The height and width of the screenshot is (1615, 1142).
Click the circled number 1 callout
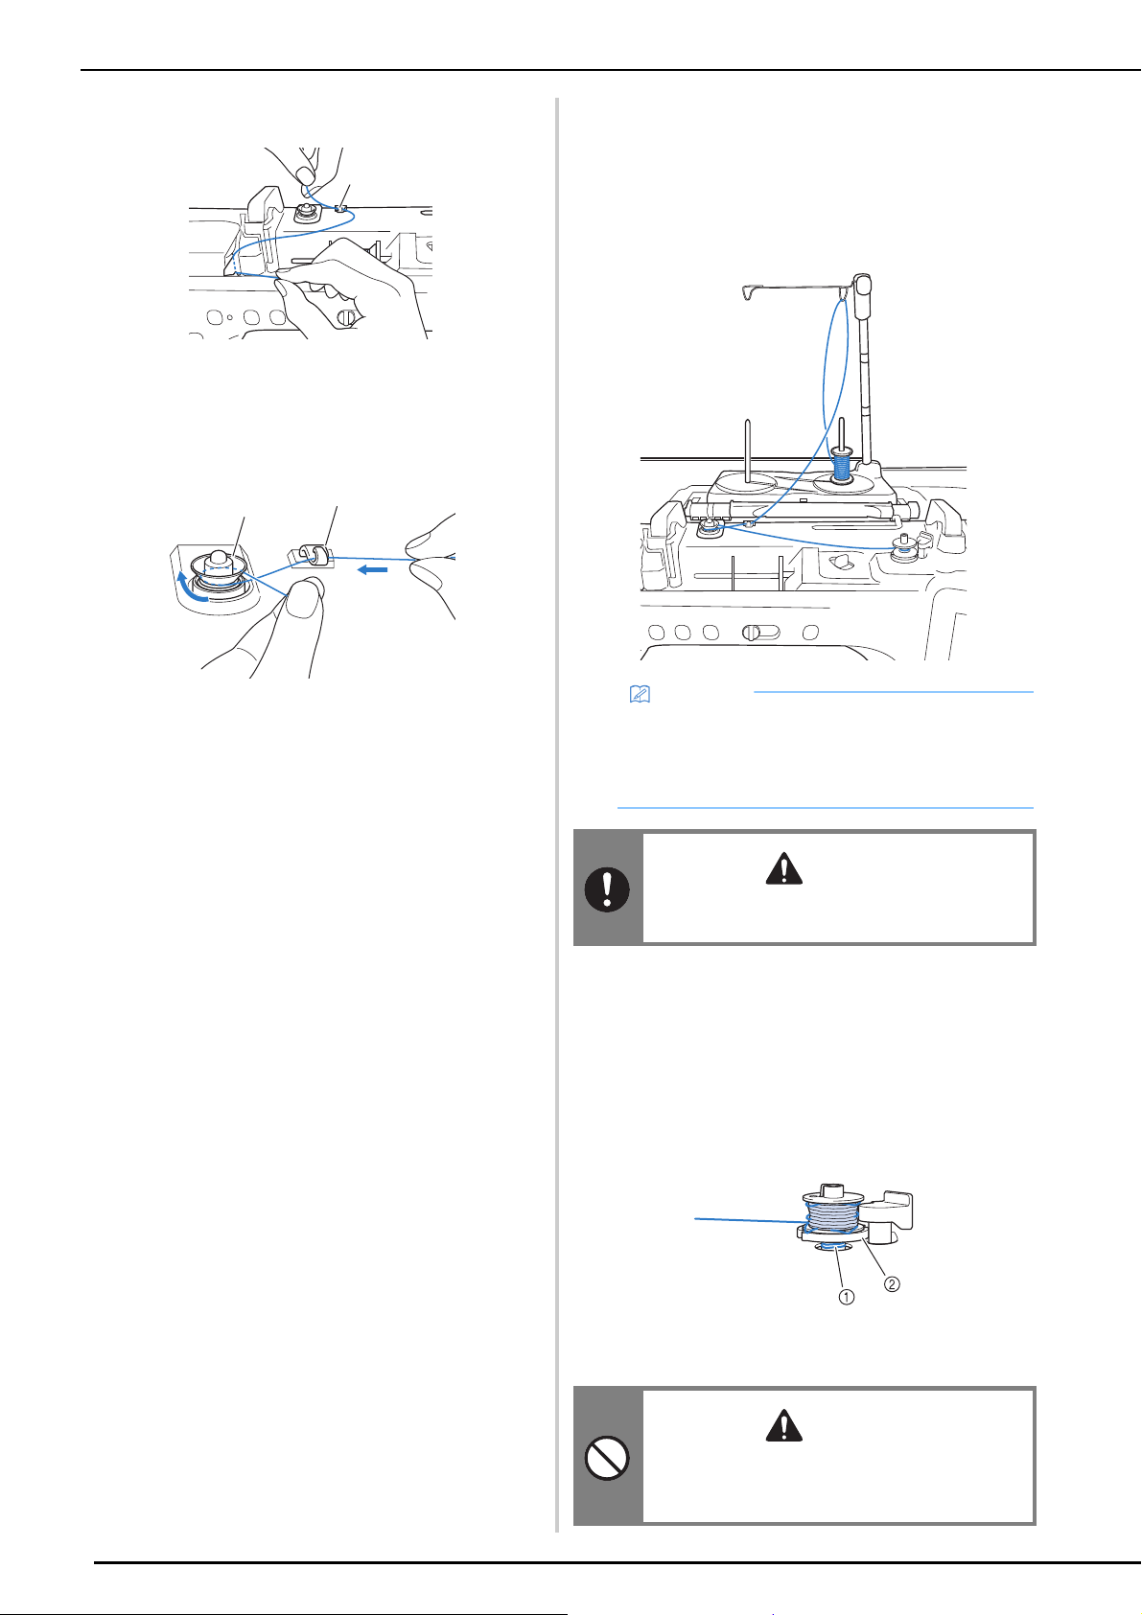pyautogui.click(x=846, y=1297)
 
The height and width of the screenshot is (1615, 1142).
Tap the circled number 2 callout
pyautogui.click(x=892, y=1284)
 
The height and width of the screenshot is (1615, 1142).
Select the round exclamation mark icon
pyautogui.click(x=607, y=889)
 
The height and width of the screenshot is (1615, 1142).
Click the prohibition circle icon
pyautogui.click(x=607, y=1458)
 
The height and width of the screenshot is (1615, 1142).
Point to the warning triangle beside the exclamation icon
pyautogui.click(x=784, y=868)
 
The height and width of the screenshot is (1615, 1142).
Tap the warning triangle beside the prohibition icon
pyautogui.click(x=784, y=1425)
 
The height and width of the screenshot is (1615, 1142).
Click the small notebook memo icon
pyautogui.click(x=640, y=694)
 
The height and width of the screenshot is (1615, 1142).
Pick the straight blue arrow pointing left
pyautogui.click(x=373, y=569)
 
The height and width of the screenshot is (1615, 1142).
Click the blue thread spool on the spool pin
pyautogui.click(x=841, y=464)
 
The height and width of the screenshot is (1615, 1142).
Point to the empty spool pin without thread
pyautogui.click(x=748, y=450)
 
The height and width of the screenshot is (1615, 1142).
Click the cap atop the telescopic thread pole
pyautogui.click(x=861, y=294)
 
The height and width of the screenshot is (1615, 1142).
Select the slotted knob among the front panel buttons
pyautogui.click(x=751, y=633)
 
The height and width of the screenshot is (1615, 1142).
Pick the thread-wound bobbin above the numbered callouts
pyautogui.click(x=832, y=1217)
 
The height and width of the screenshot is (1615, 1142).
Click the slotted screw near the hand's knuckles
pyautogui.click(x=346, y=317)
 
